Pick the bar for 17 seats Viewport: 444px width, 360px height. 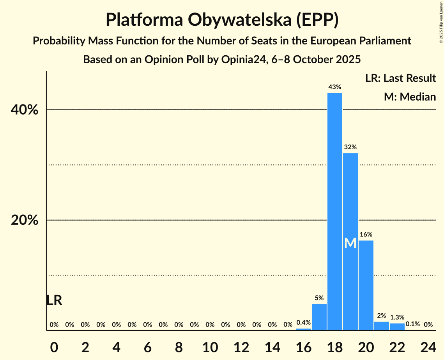(319, 317)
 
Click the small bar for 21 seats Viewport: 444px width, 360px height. (382, 326)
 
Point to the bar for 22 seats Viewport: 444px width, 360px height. (397, 327)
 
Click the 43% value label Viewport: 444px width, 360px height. (335, 87)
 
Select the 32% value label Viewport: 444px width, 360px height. (350, 147)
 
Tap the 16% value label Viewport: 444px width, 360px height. (366, 235)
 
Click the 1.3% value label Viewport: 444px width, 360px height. (397, 318)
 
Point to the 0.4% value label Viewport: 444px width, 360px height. (304, 323)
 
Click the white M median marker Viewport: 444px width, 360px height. (350, 243)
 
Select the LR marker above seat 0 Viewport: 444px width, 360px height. (54, 300)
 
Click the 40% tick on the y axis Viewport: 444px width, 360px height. (25, 110)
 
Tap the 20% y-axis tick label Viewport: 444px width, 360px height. (25, 221)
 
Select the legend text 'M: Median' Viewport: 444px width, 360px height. (410, 97)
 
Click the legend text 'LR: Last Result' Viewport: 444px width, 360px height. (401, 78)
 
